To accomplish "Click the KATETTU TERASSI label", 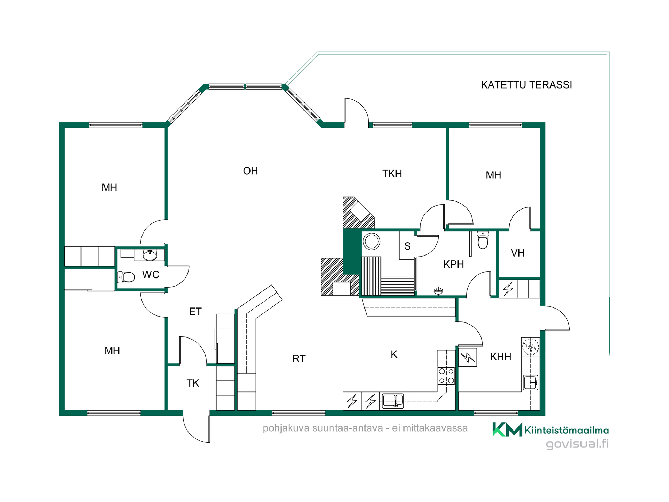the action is coord(526,85).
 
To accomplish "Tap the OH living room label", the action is coord(251,171).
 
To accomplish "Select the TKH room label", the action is coord(392,174).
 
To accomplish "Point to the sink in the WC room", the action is coord(150,255).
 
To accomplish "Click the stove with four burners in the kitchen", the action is coord(446,376).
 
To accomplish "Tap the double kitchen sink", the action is coord(393,401).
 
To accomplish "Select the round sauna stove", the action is coord(371,241).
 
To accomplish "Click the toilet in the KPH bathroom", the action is coord(483,240).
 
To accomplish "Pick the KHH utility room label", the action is coord(500,357).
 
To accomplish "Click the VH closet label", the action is coord(517,253).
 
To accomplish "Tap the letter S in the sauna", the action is coord(407,246).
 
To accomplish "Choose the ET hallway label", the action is coord(195,311).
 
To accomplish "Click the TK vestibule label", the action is coord(193,383).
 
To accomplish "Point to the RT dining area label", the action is coord(299,358).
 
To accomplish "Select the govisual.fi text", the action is coord(577,444).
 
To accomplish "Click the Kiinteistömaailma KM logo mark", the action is coord(507,429).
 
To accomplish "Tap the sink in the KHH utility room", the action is coord(531,382).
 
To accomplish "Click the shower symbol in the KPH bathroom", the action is coord(438,290).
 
